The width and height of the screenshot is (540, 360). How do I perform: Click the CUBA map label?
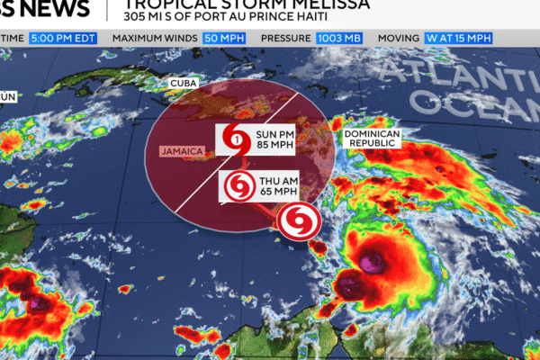coord(183,84)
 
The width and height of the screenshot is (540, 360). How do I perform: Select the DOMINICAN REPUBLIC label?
coord(370,139)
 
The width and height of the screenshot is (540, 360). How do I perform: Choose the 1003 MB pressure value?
coord(338,38)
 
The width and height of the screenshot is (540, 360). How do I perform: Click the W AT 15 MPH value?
coord(458,38)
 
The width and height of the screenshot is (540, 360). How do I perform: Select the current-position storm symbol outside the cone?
coord(295,221)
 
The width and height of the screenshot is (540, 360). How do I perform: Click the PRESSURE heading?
coord(285,38)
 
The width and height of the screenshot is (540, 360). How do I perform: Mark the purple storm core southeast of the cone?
coord(372,265)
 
